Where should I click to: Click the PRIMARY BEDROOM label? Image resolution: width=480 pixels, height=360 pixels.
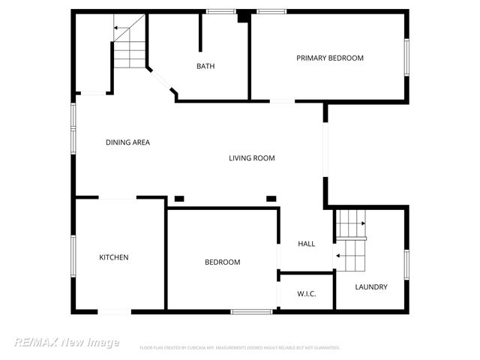pyautogui.click(x=329, y=58)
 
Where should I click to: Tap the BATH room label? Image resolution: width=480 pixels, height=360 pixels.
pyautogui.click(x=205, y=66)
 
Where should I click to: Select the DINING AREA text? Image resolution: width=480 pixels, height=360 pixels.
pyautogui.click(x=127, y=142)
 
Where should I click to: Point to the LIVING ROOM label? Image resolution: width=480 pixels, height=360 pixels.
pyautogui.click(x=252, y=157)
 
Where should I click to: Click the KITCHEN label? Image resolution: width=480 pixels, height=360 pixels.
pyautogui.click(x=114, y=257)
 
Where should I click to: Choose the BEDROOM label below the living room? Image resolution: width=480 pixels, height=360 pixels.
pyautogui.click(x=223, y=262)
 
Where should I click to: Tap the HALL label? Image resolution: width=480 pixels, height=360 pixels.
pyautogui.click(x=306, y=244)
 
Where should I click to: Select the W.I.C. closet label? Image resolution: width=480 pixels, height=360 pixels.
pyautogui.click(x=306, y=293)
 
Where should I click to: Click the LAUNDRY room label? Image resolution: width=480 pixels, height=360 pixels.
pyautogui.click(x=371, y=286)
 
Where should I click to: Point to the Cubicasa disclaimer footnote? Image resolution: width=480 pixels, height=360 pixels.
pyautogui.click(x=240, y=348)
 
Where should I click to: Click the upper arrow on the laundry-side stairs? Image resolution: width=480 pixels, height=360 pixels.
pyautogui.click(x=362, y=223)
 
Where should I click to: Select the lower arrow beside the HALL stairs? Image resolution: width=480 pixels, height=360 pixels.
pyautogui.click(x=338, y=256)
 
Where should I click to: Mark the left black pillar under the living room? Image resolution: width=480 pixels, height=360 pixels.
pyautogui.click(x=179, y=198)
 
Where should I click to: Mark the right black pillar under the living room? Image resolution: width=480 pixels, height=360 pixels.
pyautogui.click(x=271, y=198)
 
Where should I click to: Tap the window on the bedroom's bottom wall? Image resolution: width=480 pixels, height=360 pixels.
pyautogui.click(x=250, y=311)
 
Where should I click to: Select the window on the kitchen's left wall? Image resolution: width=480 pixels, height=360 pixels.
pyautogui.click(x=73, y=256)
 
